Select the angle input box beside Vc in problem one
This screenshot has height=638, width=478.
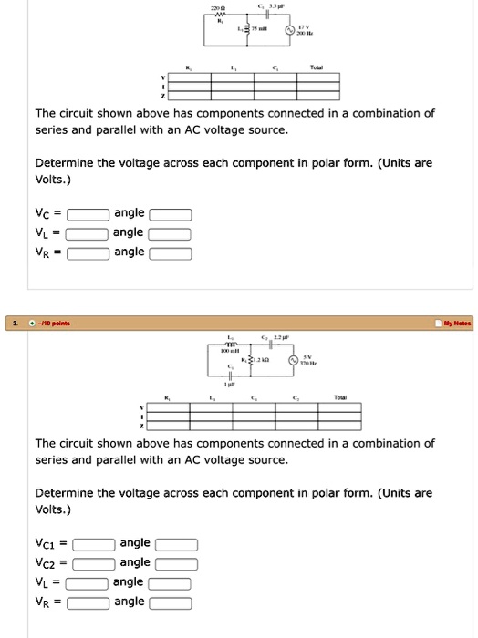(171, 215)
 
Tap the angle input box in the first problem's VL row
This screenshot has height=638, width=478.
(171, 234)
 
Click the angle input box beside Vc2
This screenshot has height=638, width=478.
(176, 564)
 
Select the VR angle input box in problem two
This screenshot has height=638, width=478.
(171, 602)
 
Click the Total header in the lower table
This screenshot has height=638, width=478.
(340, 398)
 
